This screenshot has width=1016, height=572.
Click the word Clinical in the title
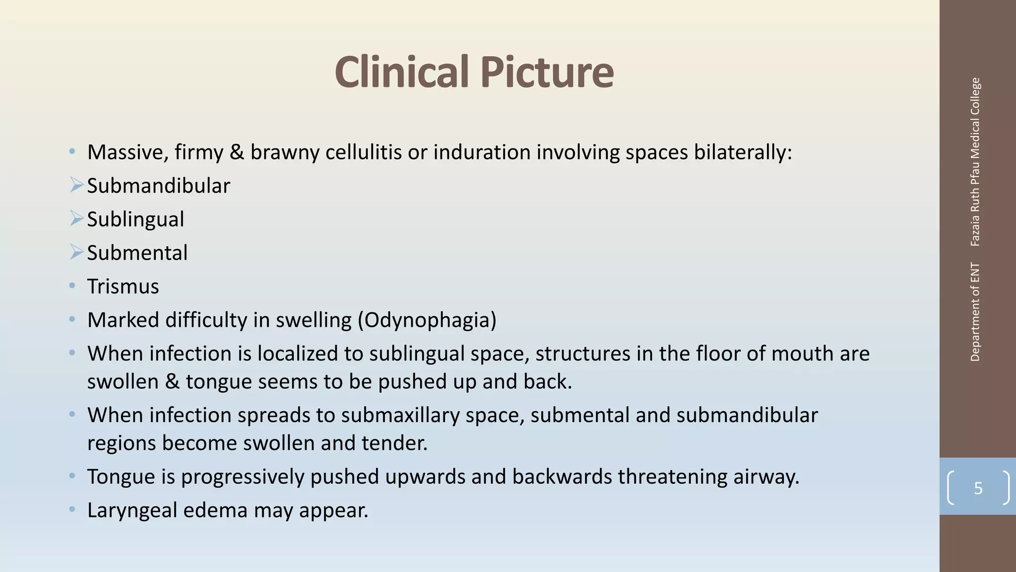point(401,72)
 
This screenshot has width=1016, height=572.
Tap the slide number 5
point(978,488)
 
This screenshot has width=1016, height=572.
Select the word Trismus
point(123,286)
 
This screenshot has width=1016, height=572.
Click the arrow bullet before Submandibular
point(76,185)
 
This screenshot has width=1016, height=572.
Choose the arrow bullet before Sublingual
point(76,218)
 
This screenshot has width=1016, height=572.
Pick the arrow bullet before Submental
point(76,252)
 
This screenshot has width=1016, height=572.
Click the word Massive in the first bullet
point(127,152)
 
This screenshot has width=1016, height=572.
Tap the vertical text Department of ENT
point(975,312)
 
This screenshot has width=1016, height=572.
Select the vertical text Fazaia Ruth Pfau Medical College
point(975,162)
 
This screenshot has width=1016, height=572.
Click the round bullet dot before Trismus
point(72,286)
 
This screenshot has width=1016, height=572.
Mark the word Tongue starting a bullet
point(121,477)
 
